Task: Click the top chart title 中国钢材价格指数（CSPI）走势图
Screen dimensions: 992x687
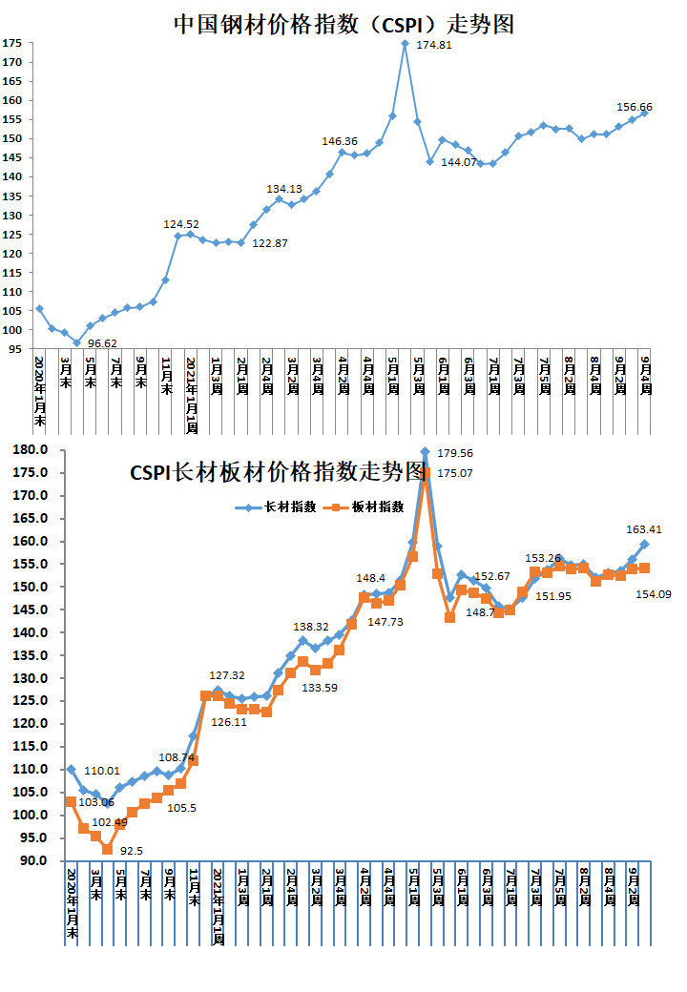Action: click(x=343, y=24)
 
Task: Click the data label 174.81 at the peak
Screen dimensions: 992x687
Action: click(x=435, y=45)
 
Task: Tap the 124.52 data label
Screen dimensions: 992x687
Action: click(x=181, y=224)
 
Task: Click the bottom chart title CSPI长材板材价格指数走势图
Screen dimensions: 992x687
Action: click(x=277, y=471)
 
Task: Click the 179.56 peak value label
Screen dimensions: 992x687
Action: click(x=455, y=453)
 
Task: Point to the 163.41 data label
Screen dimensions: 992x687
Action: click(x=644, y=529)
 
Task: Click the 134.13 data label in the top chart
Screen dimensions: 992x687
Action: click(x=284, y=188)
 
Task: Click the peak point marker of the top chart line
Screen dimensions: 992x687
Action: click(x=406, y=43)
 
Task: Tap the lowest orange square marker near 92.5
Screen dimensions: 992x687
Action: click(x=108, y=849)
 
